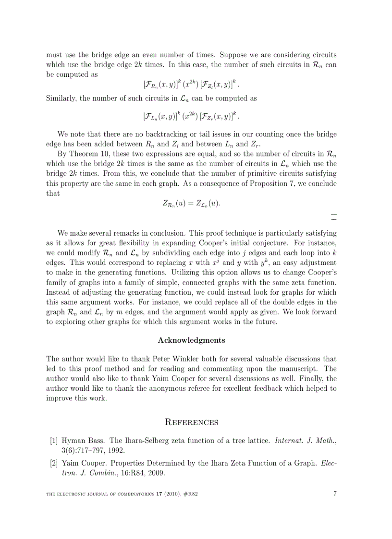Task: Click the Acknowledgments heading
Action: tap(191, 340)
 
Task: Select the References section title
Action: tap(191, 422)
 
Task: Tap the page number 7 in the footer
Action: tap(334, 494)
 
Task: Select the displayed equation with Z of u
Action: tap(191, 203)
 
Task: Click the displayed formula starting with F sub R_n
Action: tap(191, 84)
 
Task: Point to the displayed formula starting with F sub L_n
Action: tap(191, 116)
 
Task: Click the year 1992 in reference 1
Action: tap(116, 450)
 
